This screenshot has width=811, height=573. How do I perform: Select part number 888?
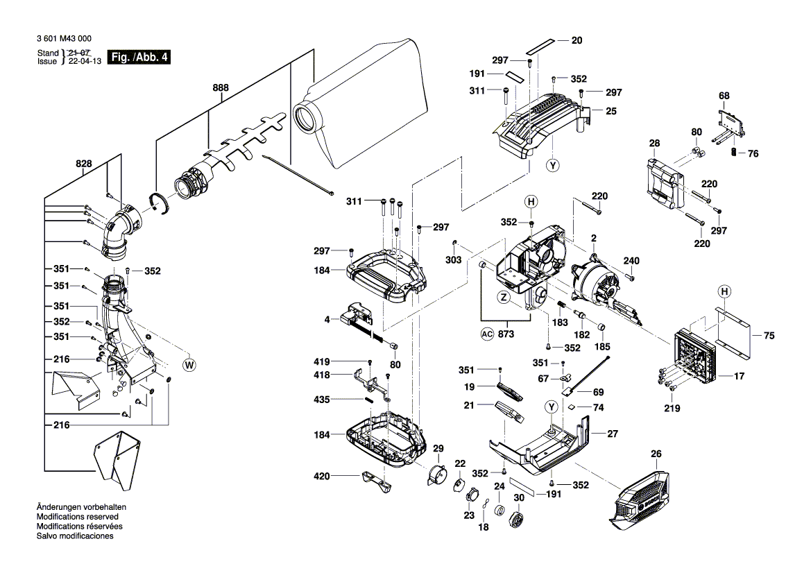tap(221, 89)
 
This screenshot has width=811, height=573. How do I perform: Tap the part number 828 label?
tap(84, 164)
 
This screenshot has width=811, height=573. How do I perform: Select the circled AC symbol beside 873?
tap(486, 333)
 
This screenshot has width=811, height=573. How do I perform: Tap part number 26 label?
tap(656, 454)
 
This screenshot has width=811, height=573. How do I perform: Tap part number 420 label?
tap(321, 476)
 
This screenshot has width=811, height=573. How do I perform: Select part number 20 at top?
tap(577, 40)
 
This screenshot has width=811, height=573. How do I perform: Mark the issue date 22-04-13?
tap(82, 61)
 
